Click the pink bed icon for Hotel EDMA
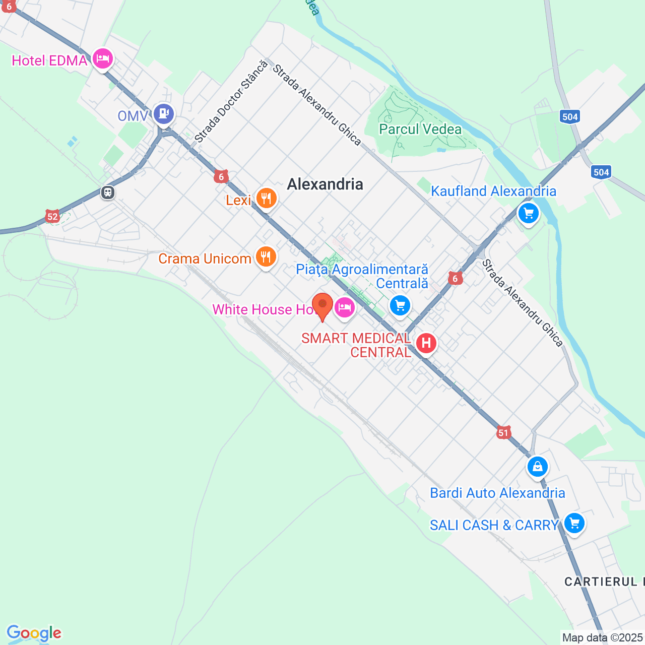pos(103,59)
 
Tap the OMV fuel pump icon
pos(164,114)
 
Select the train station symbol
pos(108,192)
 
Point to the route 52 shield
pos(52,217)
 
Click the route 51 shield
pos(503,432)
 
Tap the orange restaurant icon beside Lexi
pos(266,199)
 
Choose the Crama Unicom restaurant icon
pos(266,257)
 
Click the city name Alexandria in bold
pos(325,184)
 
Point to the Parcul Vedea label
pos(420,130)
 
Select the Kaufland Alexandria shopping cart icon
pos(529,214)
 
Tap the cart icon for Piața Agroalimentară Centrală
pos(400,305)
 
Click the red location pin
pos(322,305)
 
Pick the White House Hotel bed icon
pos(345,306)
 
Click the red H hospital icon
pos(426,344)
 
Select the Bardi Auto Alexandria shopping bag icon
pos(538,467)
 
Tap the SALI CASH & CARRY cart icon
pos(574,523)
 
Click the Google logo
pos(34,633)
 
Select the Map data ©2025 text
pos(602,637)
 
